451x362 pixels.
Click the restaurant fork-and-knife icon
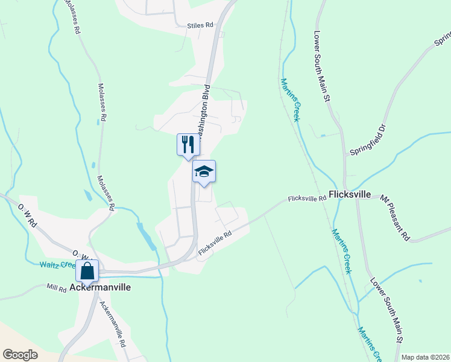click(188, 145)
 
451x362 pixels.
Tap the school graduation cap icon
click(204, 172)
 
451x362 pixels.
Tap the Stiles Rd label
click(201, 25)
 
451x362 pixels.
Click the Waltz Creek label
click(57, 264)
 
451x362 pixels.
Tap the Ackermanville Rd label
click(113, 324)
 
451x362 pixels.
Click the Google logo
click(20, 354)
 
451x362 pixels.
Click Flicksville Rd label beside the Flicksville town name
click(307, 198)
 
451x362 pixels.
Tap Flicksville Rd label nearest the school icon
click(215, 243)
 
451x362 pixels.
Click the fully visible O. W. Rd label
click(27, 216)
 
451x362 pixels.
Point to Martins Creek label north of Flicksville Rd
click(289, 100)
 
